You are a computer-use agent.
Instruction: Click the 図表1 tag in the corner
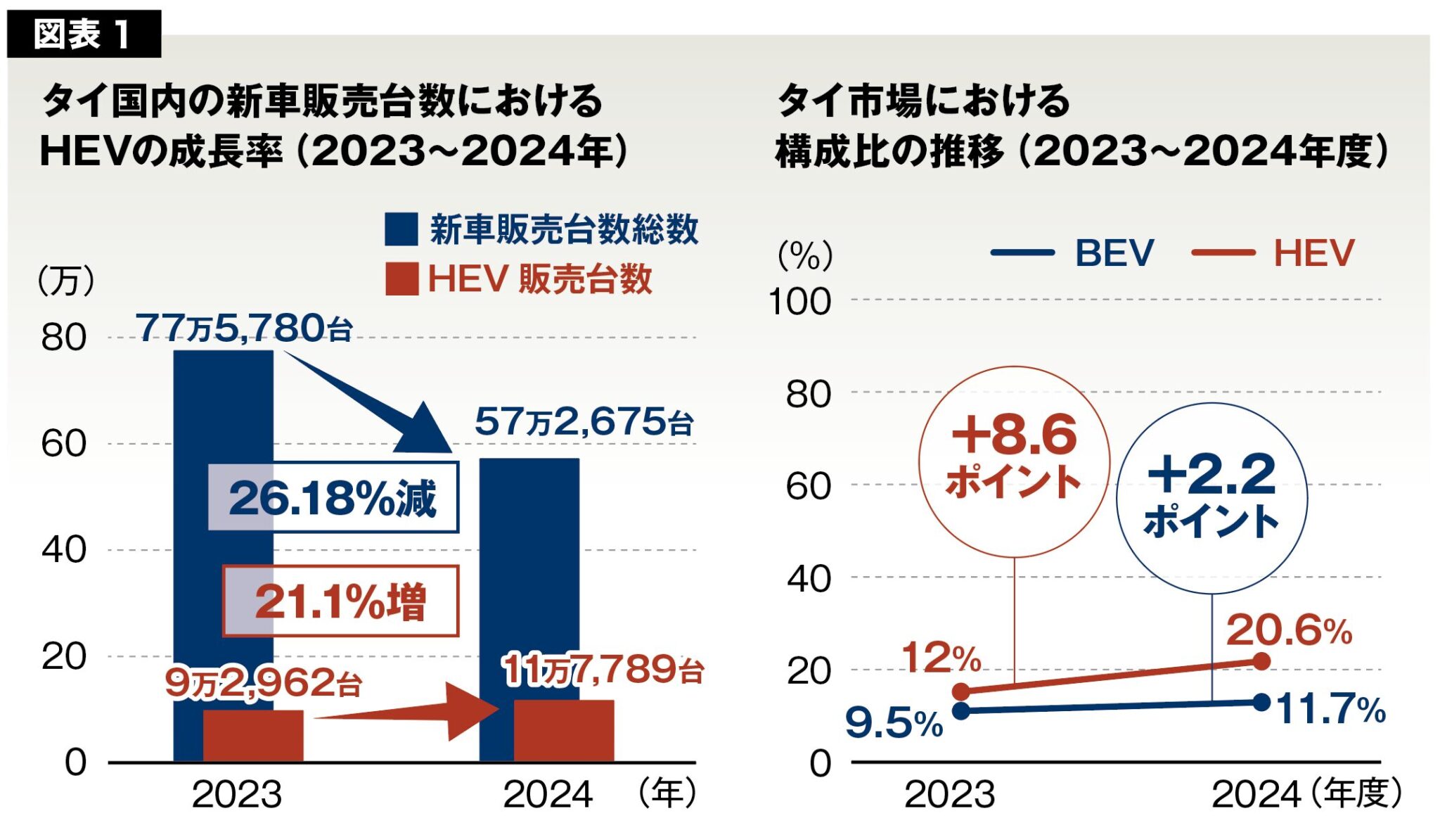pos(83,34)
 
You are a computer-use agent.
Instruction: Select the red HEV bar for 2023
pos(253,736)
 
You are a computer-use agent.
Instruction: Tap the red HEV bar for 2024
pos(564,730)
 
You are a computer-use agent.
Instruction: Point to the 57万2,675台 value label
pos(584,422)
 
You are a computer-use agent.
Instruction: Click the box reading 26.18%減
pos(333,497)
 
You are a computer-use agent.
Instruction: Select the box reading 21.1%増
pos(341,601)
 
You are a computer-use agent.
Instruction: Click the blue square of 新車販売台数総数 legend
pos(401,229)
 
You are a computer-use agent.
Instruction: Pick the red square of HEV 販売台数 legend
pos(401,279)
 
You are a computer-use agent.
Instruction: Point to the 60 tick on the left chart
pos(63,444)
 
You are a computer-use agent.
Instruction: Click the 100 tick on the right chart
pos(799,302)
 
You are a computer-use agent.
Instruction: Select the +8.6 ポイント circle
pos(1013,461)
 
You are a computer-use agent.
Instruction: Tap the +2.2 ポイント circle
pos(1211,498)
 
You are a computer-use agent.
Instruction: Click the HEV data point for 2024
pos(1261,661)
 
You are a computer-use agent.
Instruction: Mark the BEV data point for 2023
pos(961,710)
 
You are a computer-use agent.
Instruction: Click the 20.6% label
pos(1289,630)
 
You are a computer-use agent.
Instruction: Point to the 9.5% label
pos(894,722)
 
